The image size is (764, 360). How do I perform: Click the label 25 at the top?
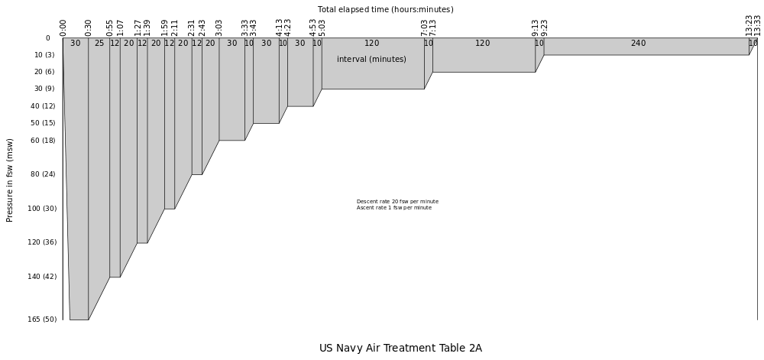[x=99, y=44]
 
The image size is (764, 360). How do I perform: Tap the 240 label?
[x=638, y=44]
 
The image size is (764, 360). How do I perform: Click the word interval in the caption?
[x=351, y=60]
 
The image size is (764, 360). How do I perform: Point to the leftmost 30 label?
[x=76, y=44]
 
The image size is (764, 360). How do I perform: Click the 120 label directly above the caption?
[x=372, y=44]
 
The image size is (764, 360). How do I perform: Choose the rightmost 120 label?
[x=483, y=44]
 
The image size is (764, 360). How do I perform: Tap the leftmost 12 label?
[x=115, y=44]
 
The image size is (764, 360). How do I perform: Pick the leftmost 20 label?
[x=129, y=44]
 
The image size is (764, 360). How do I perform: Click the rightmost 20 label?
[x=210, y=44]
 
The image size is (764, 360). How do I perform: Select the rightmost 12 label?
[x=197, y=44]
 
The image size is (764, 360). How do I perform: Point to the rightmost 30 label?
[x=300, y=44]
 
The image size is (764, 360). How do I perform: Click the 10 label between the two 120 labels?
[x=429, y=44]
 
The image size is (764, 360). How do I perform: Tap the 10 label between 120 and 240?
[x=539, y=44]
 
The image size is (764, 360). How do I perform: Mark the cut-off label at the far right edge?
[x=753, y=44]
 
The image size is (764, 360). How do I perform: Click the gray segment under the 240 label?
[x=646, y=50]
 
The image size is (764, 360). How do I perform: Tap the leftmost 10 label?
[x=249, y=44]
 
